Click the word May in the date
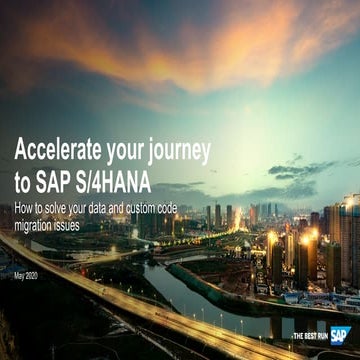pyautogui.click(x=20, y=274)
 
